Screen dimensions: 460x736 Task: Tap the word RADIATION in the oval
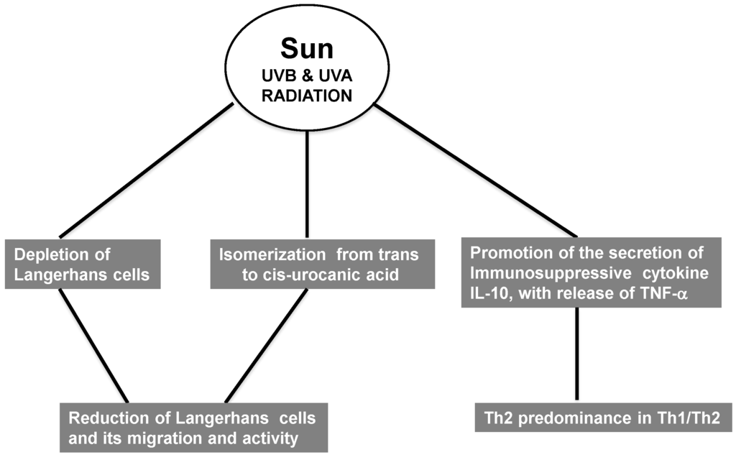307,94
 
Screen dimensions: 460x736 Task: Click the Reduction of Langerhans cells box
194,427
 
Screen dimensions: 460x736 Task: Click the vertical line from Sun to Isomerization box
307,183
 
